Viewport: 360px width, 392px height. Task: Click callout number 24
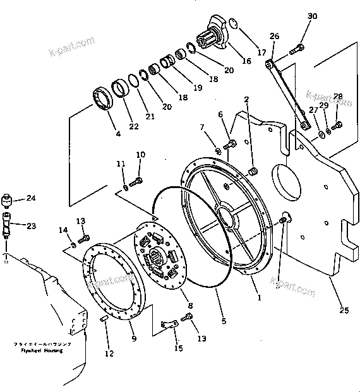point(30,198)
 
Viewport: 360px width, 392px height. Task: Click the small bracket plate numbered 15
point(167,324)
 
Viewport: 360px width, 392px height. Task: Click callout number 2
point(246,98)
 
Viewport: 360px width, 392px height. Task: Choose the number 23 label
point(31,226)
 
